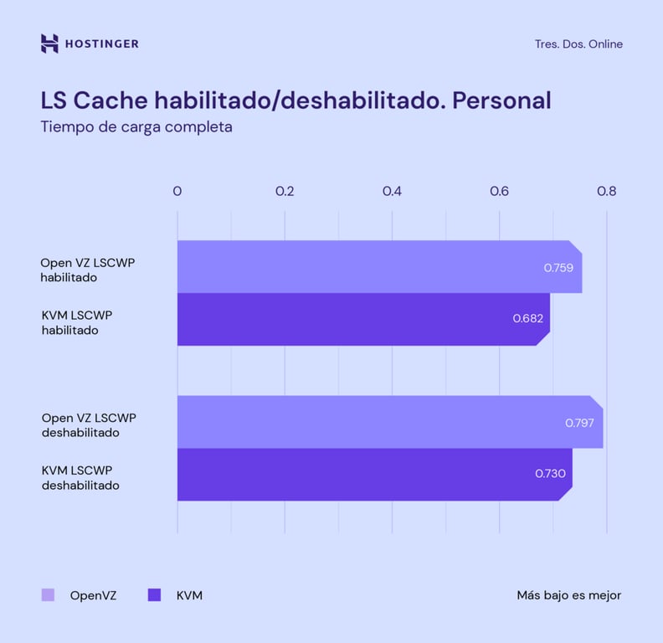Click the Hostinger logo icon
tap(49, 44)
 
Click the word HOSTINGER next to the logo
tap(102, 44)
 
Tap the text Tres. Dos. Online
tap(578, 44)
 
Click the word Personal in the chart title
tap(501, 100)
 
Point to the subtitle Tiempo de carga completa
tap(136, 128)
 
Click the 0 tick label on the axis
tap(177, 191)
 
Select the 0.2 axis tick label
tap(285, 191)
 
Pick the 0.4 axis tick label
tap(392, 191)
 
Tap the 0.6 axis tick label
tap(499, 191)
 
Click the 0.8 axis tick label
tap(606, 191)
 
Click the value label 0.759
tap(558, 268)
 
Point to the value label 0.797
tap(579, 423)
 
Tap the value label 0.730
tap(550, 474)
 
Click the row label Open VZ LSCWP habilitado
tap(88, 270)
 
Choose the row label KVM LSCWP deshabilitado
tap(80, 478)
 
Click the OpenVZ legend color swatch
tap(48, 595)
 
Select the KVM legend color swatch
tap(154, 595)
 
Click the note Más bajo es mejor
tap(568, 595)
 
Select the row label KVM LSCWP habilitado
tap(77, 322)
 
